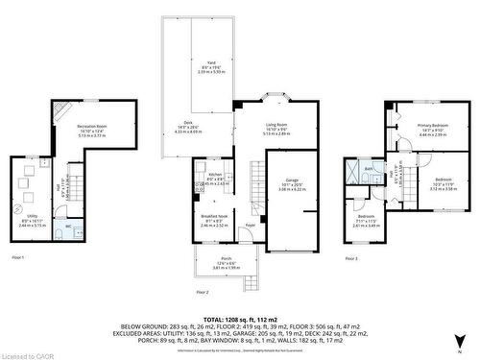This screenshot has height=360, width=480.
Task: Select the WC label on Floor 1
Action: [x=67, y=227]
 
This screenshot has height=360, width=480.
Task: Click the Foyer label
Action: [x=250, y=226]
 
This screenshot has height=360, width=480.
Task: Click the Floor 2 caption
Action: [x=202, y=292]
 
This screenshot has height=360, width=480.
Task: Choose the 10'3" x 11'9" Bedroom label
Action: [x=443, y=180]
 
